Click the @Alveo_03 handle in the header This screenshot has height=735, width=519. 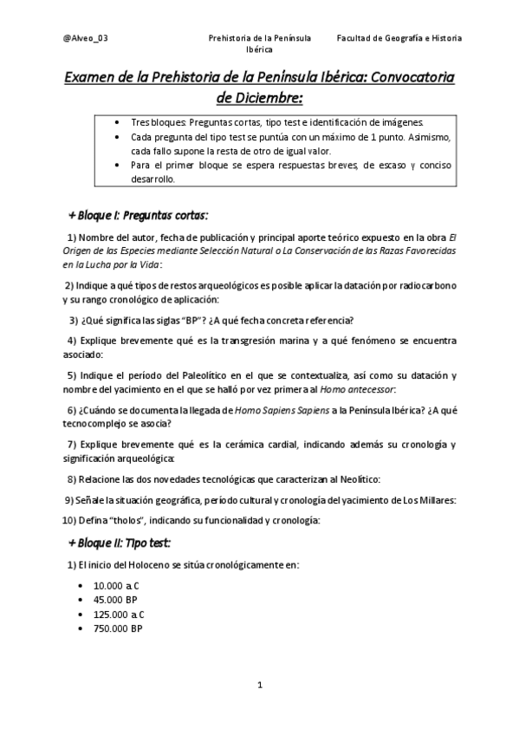click(x=86, y=38)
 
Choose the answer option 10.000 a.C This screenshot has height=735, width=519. click(x=123, y=586)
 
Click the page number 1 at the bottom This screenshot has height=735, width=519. click(x=260, y=686)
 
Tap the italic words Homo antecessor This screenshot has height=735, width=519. click(x=357, y=390)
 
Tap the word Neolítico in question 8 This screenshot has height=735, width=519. click(x=356, y=479)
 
